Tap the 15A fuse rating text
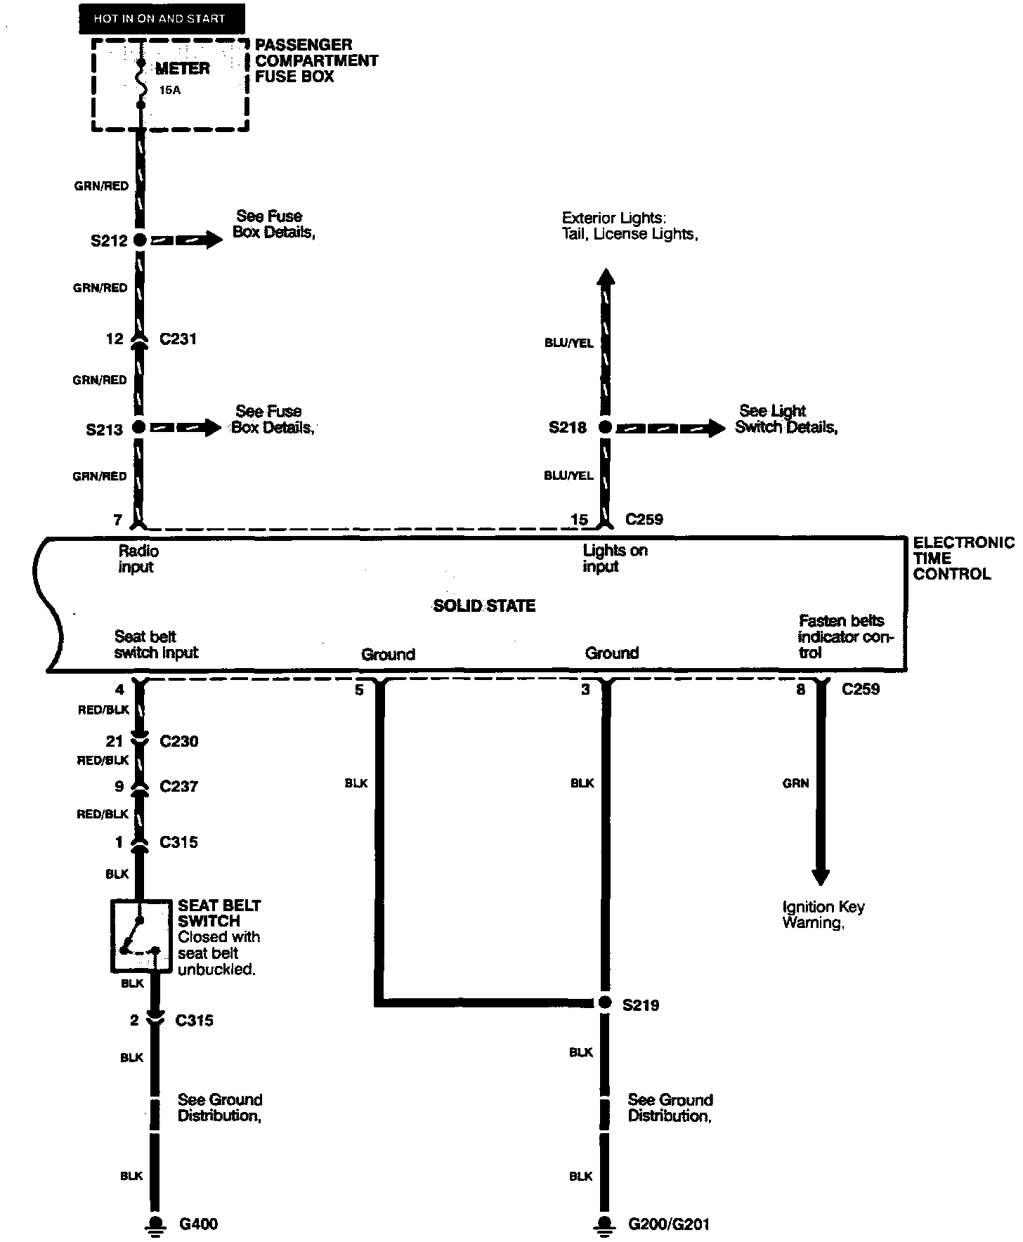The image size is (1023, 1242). pyautogui.click(x=169, y=90)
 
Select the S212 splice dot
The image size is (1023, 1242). pyautogui.click(x=140, y=240)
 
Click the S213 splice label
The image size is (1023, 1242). pyautogui.click(x=104, y=429)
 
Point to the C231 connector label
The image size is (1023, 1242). pyautogui.click(x=178, y=339)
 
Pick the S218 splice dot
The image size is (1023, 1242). pyautogui.click(x=604, y=427)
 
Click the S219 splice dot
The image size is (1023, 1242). pyautogui.click(x=605, y=1003)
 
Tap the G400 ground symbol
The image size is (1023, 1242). pyautogui.click(x=155, y=1224)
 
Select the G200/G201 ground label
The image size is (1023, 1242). pyautogui.click(x=668, y=1224)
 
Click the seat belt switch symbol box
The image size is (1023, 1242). pyautogui.click(x=141, y=936)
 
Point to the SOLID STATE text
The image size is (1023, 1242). pyautogui.click(x=484, y=606)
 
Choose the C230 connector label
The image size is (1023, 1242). pyautogui.click(x=178, y=741)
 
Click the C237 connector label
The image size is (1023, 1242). pyautogui.click(x=178, y=786)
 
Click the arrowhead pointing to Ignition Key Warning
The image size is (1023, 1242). pyautogui.click(x=820, y=877)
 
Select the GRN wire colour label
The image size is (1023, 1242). pyautogui.click(x=795, y=783)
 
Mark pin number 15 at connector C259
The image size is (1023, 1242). pyautogui.click(x=579, y=520)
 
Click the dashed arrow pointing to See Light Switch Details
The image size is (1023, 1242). pyautogui.click(x=671, y=427)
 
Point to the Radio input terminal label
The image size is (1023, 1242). pyautogui.click(x=138, y=559)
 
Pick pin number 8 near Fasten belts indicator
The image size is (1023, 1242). pyautogui.click(x=800, y=690)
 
